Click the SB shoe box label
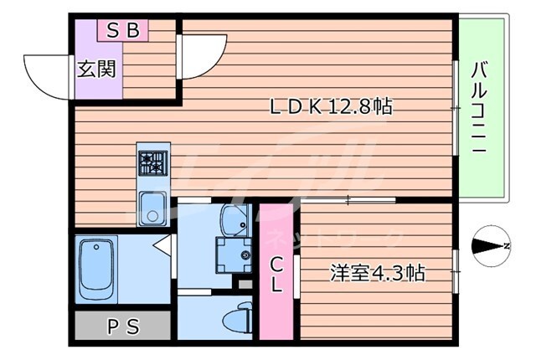(123, 32)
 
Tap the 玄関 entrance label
(95, 70)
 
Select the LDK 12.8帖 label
(332, 107)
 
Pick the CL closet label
(276, 273)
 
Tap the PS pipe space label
(123, 325)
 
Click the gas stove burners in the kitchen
(153, 162)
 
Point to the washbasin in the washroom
(232, 219)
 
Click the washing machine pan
(232, 253)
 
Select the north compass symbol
(492, 246)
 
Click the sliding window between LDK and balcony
(456, 107)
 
